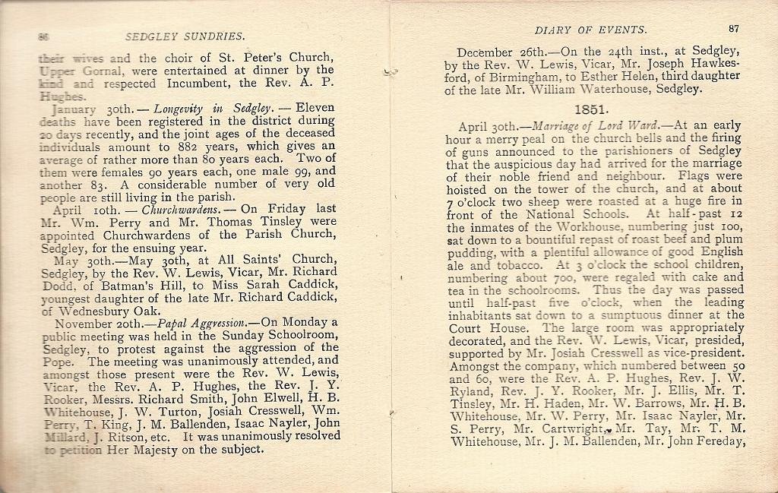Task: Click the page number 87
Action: [733, 29]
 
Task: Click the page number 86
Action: [43, 36]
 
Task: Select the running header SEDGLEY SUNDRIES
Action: [185, 36]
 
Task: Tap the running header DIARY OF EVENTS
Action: [590, 30]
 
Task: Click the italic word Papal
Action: [178, 322]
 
